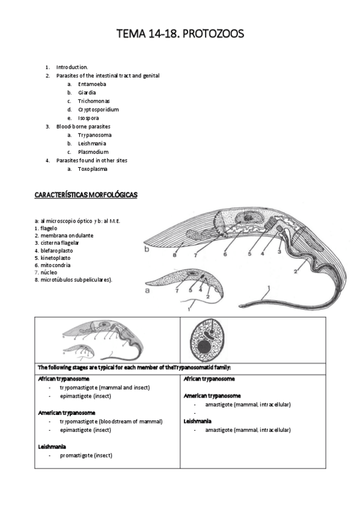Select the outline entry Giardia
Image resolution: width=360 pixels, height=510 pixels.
[x=87, y=93]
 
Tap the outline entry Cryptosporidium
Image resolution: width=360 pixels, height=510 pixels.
[x=99, y=109]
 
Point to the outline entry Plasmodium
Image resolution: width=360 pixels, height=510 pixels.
[x=93, y=152]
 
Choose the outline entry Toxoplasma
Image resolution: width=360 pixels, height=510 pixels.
[x=93, y=169]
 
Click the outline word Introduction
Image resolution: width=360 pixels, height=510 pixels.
[x=72, y=67]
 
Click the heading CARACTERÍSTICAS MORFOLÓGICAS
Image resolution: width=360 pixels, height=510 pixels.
[x=86, y=195]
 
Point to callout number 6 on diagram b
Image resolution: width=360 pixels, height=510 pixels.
[x=225, y=255]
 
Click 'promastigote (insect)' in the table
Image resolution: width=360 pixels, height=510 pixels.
[x=86, y=455]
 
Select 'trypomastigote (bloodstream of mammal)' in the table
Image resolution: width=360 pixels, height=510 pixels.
[x=111, y=422]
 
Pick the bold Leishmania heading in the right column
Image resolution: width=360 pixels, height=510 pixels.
[x=198, y=422]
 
